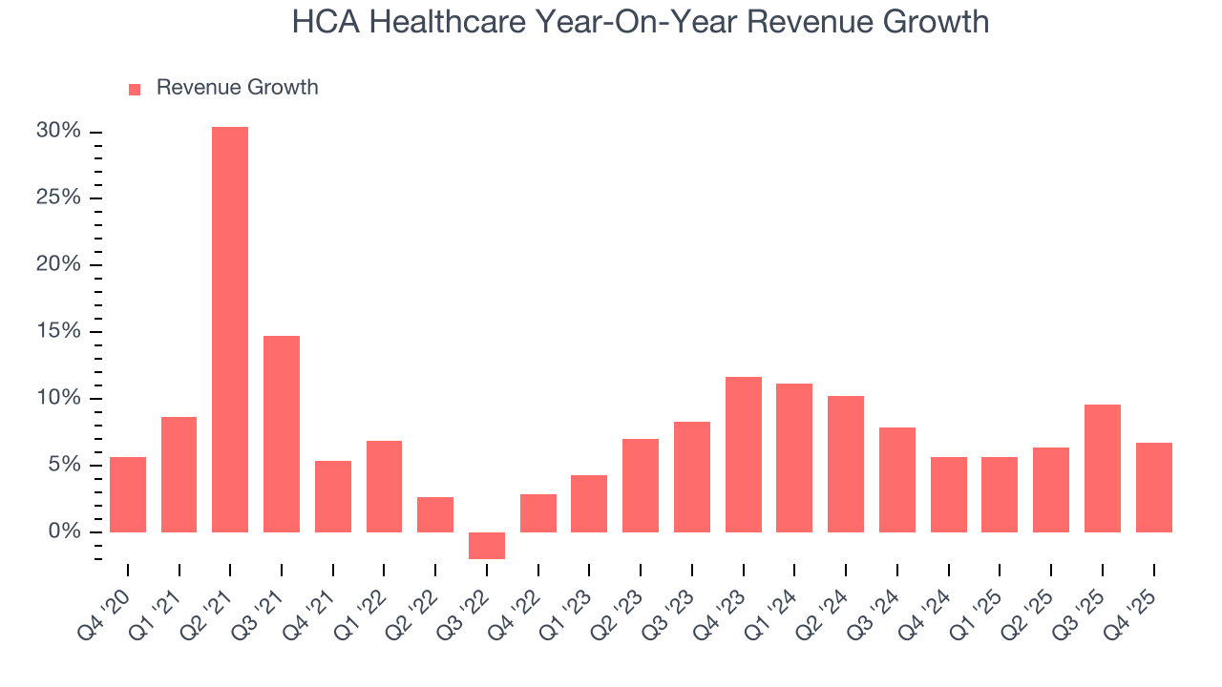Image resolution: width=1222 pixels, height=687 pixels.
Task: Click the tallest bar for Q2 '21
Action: click(230, 329)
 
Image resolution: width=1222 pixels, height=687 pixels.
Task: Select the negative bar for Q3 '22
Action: click(487, 546)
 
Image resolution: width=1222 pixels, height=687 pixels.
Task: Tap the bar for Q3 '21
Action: click(282, 434)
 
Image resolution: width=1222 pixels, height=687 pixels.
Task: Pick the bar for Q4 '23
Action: click(744, 454)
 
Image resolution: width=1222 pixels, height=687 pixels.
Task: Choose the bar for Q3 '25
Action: click(1103, 468)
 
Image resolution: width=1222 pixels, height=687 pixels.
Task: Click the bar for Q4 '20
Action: click(128, 494)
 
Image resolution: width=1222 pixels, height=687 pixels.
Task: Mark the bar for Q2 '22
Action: click(435, 514)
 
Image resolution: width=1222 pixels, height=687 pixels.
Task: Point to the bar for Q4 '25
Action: click(1154, 488)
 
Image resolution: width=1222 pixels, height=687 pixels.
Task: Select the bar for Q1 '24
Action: click(794, 458)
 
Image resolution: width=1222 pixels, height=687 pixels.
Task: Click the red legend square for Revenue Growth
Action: click(135, 89)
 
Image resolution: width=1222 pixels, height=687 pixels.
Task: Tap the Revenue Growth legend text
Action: click(237, 88)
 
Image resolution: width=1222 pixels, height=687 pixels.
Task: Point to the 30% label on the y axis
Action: click(58, 132)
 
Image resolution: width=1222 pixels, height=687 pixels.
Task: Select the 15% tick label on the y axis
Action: click(58, 332)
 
